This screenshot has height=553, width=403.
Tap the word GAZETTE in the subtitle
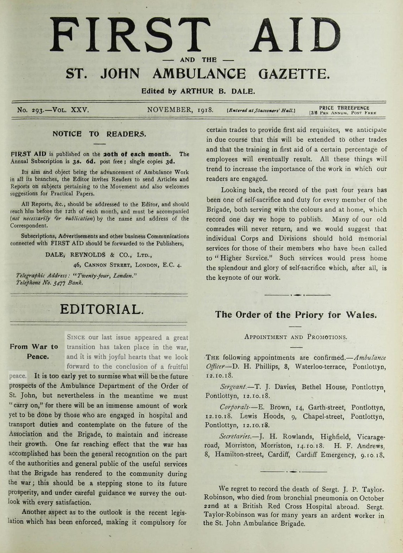click(294, 74)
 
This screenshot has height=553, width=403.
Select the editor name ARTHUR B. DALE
click(217, 91)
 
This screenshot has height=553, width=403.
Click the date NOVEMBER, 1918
click(180, 110)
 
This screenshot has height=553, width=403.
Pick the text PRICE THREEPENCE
click(344, 108)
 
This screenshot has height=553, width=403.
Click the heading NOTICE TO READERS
click(99, 134)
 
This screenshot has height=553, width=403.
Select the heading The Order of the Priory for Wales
click(296, 315)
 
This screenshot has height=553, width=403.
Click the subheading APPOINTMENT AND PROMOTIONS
click(296, 337)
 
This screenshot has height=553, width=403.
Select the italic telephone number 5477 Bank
click(68, 282)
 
